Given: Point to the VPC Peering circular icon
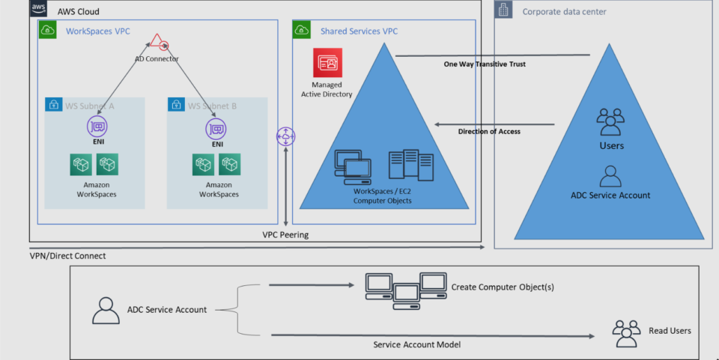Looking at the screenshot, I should (286, 137).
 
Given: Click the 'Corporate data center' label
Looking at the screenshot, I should (564, 11).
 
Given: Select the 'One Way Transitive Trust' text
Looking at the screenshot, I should (485, 64).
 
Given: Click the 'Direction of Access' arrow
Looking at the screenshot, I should (494, 125).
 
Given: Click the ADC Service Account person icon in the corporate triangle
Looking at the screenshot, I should (610, 176).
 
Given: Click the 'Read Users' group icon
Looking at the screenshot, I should (626, 329).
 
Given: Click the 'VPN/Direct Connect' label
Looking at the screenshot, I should (67, 256).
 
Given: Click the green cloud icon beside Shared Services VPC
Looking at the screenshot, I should (302, 30).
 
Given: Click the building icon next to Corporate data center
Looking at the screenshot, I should (503, 10).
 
